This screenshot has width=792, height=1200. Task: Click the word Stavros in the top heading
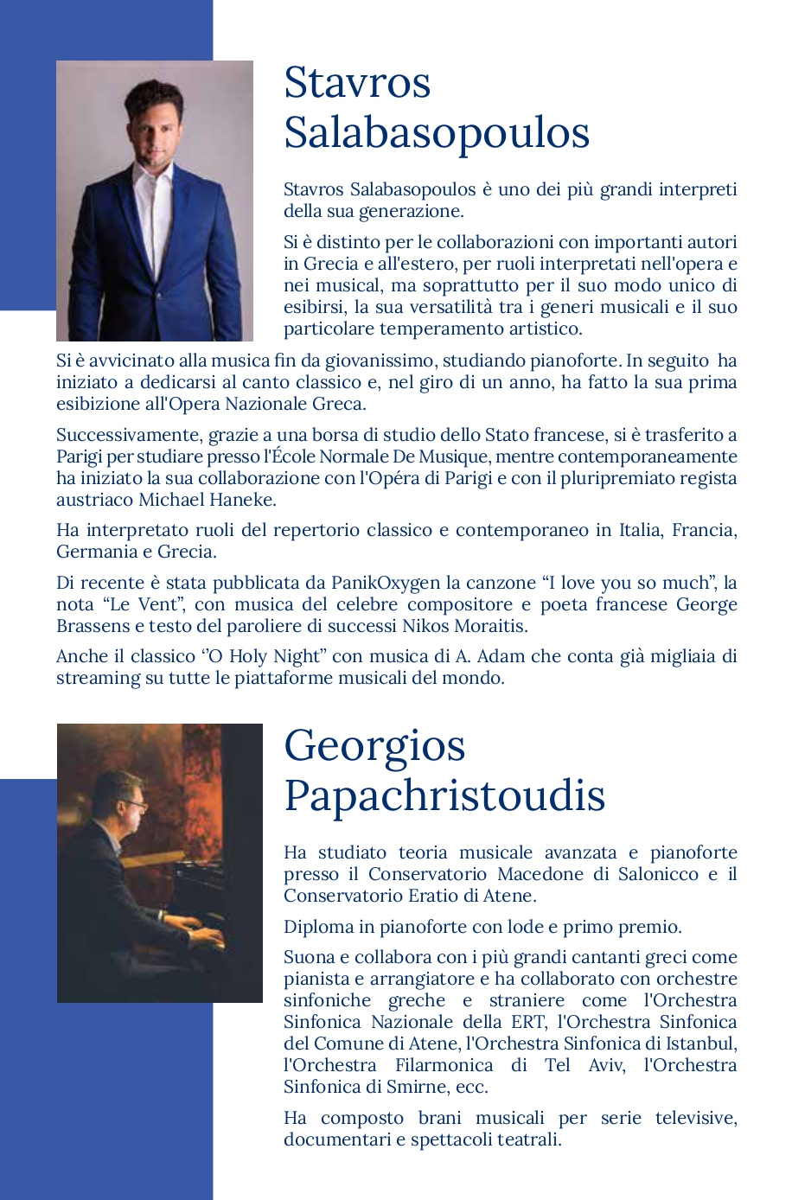[357, 83]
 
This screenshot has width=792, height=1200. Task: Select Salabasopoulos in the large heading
[436, 133]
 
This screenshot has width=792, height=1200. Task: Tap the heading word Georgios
[374, 745]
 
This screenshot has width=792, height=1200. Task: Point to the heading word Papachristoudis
[444, 795]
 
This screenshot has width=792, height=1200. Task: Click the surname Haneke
[244, 500]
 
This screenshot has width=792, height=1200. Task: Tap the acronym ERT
[527, 1022]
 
